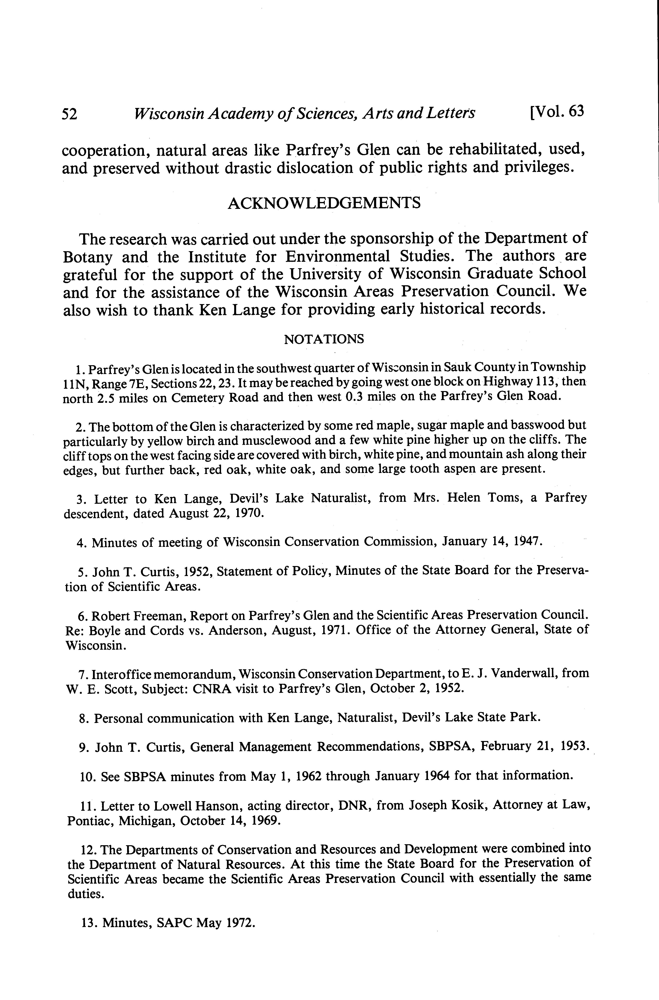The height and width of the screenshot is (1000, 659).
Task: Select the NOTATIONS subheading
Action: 324,339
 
